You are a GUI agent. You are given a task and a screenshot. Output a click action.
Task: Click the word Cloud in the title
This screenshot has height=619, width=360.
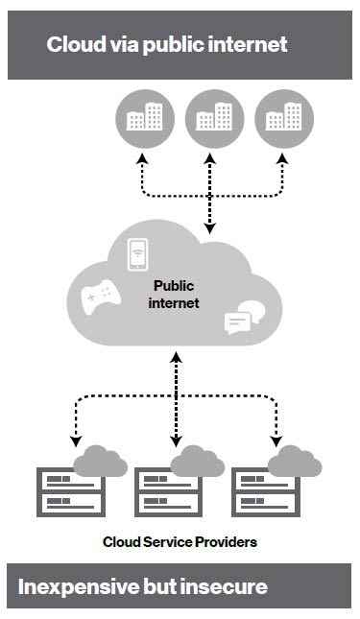tap(73, 44)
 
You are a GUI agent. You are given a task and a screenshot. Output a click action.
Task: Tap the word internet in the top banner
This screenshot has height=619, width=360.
tap(247, 44)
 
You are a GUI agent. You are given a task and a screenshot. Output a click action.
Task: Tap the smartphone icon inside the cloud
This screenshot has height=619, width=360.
tap(138, 254)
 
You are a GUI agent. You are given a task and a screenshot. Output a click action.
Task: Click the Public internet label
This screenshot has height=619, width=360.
tap(176, 294)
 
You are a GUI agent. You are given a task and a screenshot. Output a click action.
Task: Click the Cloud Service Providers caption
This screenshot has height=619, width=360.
tap(180, 542)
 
